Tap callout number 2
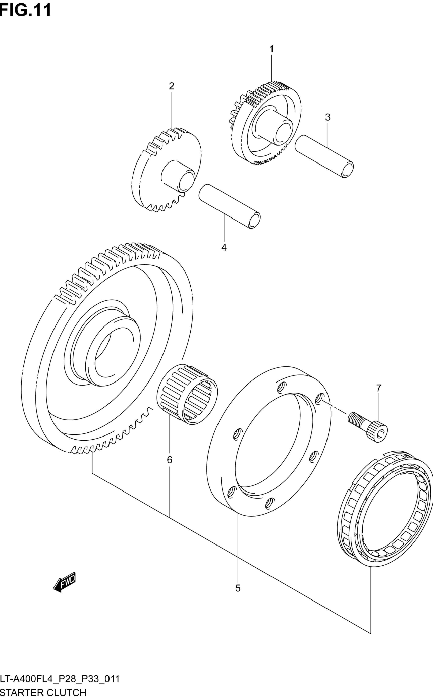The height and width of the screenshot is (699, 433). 172,86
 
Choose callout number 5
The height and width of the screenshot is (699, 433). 238,588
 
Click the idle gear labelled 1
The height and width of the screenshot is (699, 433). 266,123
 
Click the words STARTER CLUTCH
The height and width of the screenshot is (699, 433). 43,692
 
